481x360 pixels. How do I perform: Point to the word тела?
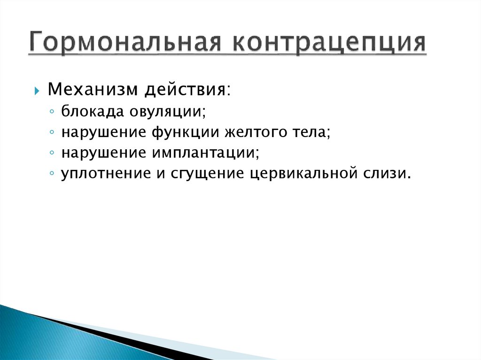click(x=308, y=133)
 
